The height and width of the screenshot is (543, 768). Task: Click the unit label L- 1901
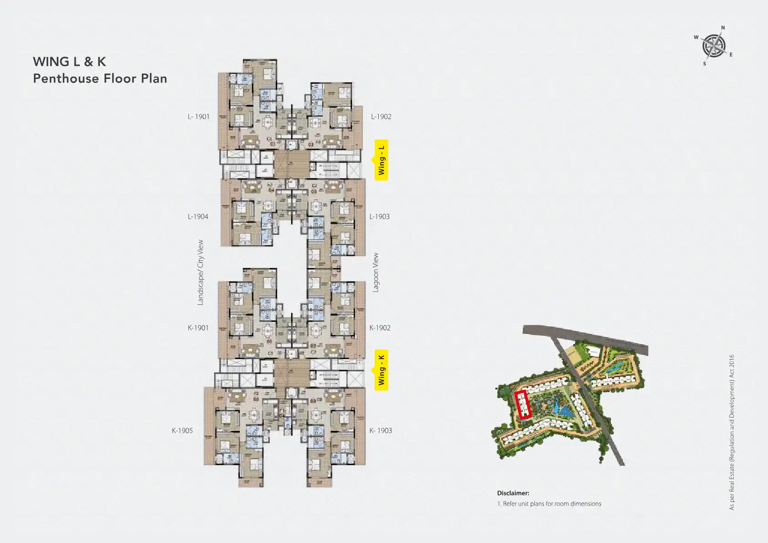click(x=199, y=117)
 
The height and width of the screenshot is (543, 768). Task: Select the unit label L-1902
click(x=381, y=117)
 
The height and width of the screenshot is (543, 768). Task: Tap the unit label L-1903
click(x=380, y=217)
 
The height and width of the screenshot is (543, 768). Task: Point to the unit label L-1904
click(x=198, y=217)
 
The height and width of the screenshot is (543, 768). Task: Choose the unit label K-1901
click(x=198, y=328)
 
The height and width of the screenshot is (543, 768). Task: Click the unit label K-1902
click(x=380, y=328)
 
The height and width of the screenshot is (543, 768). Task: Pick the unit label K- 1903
click(x=381, y=430)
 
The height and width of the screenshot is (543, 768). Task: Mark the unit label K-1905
click(x=182, y=430)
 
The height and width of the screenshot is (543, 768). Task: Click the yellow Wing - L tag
click(x=381, y=160)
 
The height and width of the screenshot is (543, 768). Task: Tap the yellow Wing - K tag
click(x=381, y=370)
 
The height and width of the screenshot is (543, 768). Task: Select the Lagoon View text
click(x=376, y=272)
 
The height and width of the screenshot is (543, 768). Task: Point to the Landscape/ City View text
click(x=200, y=272)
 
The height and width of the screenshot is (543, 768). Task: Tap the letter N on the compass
click(x=723, y=28)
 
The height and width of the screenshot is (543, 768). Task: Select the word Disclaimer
click(x=513, y=493)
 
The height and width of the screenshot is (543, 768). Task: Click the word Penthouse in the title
click(x=66, y=78)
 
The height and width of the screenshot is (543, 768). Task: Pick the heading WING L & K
click(x=69, y=62)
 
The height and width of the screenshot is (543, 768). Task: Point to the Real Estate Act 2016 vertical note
click(x=731, y=432)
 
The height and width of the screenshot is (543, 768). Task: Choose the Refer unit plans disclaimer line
click(x=549, y=504)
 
